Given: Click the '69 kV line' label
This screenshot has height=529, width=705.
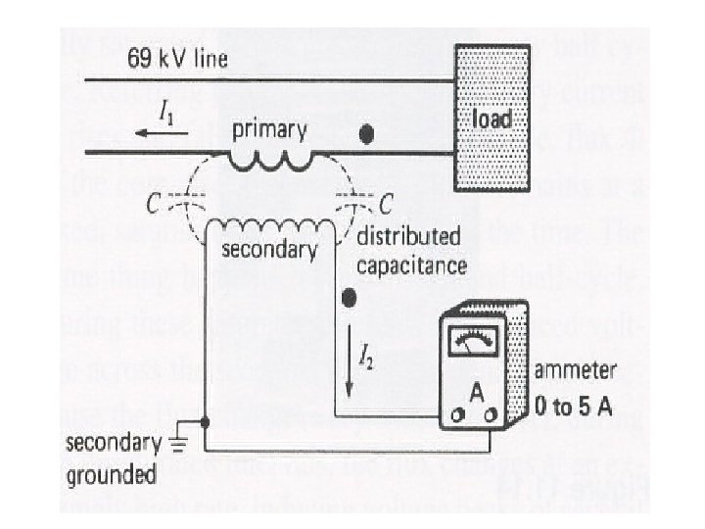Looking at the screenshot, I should point(177,60).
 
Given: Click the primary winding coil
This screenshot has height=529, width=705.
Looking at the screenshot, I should point(271,157).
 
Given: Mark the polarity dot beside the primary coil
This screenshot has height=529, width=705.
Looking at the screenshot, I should point(367,135).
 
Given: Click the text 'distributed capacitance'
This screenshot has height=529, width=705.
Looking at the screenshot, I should point(411,251).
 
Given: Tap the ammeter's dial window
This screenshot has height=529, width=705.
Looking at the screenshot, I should point(472,343).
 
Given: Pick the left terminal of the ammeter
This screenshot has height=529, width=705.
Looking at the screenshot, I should point(456,417).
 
